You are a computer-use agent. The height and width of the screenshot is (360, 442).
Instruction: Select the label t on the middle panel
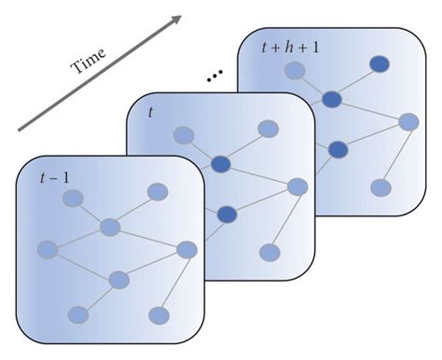pos(151,112)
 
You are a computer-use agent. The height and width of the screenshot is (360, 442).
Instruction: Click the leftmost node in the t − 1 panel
pos(48,249)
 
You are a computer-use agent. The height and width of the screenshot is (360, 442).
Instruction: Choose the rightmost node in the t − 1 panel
pos(186,249)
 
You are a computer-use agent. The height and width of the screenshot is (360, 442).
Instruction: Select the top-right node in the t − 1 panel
pos(158,193)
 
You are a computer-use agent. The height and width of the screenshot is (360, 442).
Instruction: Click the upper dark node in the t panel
pos(221,164)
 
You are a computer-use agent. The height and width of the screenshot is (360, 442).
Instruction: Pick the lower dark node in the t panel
pos(228,215)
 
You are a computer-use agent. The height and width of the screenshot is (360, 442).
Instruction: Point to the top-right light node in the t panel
pos(268,129)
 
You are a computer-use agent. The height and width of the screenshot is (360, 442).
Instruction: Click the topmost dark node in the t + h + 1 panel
pos(380,63)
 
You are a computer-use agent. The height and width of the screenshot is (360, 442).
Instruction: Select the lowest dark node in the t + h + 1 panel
pos(338,149)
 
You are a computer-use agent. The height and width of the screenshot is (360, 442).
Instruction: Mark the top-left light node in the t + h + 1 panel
pos(296,70)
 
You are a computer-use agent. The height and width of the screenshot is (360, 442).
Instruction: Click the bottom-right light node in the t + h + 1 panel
pos(380,187)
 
